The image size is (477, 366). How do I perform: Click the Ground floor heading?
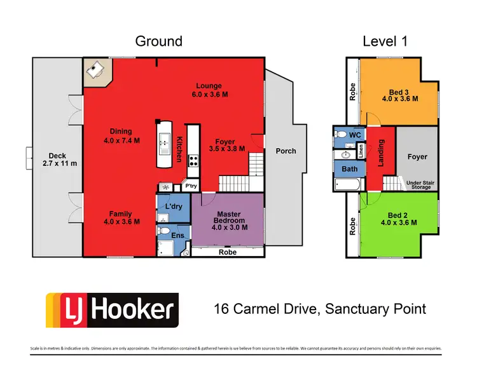pyautogui.click(x=158, y=41)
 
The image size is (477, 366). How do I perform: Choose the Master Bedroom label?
pyautogui.click(x=227, y=218)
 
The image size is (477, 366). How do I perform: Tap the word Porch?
pyautogui.click(x=286, y=151)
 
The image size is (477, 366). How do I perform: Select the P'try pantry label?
pyautogui.click(x=190, y=186)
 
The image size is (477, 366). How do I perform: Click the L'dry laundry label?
pyautogui.click(x=174, y=207)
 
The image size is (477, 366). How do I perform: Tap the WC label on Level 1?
pyautogui.click(x=355, y=135)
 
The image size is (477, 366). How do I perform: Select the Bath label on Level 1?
pyautogui.click(x=349, y=169)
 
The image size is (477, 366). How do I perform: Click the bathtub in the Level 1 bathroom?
pyautogui.click(x=347, y=185)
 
